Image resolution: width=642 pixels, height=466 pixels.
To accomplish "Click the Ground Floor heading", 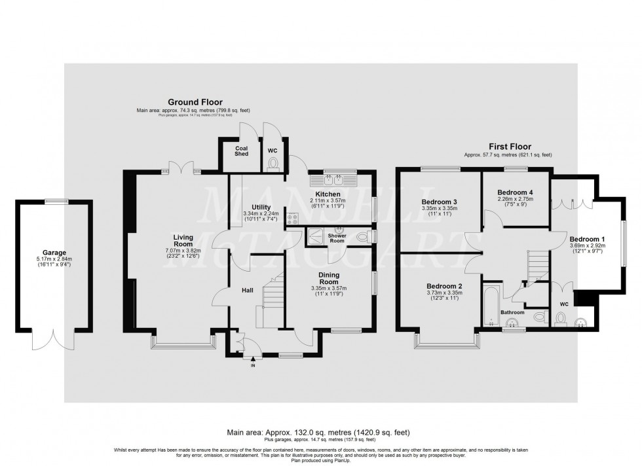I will pos(195,102).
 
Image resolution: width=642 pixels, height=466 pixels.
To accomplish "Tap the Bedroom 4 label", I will pos(514,192).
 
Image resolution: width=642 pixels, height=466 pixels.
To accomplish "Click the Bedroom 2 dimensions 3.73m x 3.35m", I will pos(445,293).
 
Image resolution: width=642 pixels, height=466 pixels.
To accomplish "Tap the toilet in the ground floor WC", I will pos(273,164).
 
